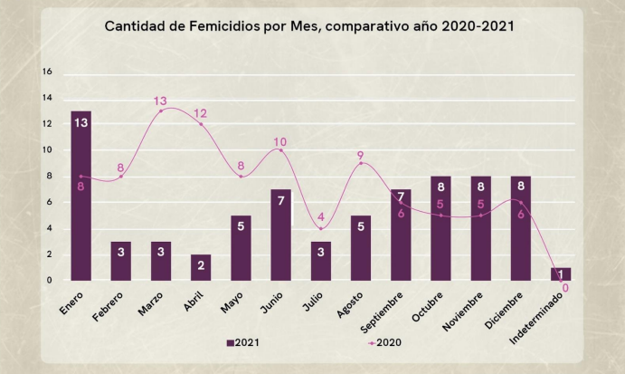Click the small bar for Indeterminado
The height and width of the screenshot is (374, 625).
point(561,273)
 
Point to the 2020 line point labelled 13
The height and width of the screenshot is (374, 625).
point(161,110)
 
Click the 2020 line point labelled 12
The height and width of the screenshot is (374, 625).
point(201,124)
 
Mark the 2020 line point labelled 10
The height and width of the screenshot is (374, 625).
point(280,150)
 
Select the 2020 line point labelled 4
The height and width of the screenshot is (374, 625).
point(321,228)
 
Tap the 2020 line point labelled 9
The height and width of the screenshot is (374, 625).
point(361,163)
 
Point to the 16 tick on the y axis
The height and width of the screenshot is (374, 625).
point(48,72)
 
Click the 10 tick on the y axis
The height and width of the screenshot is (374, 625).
point(48,150)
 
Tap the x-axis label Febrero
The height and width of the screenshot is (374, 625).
point(110,304)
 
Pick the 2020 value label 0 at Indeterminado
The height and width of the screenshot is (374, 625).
point(565,289)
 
